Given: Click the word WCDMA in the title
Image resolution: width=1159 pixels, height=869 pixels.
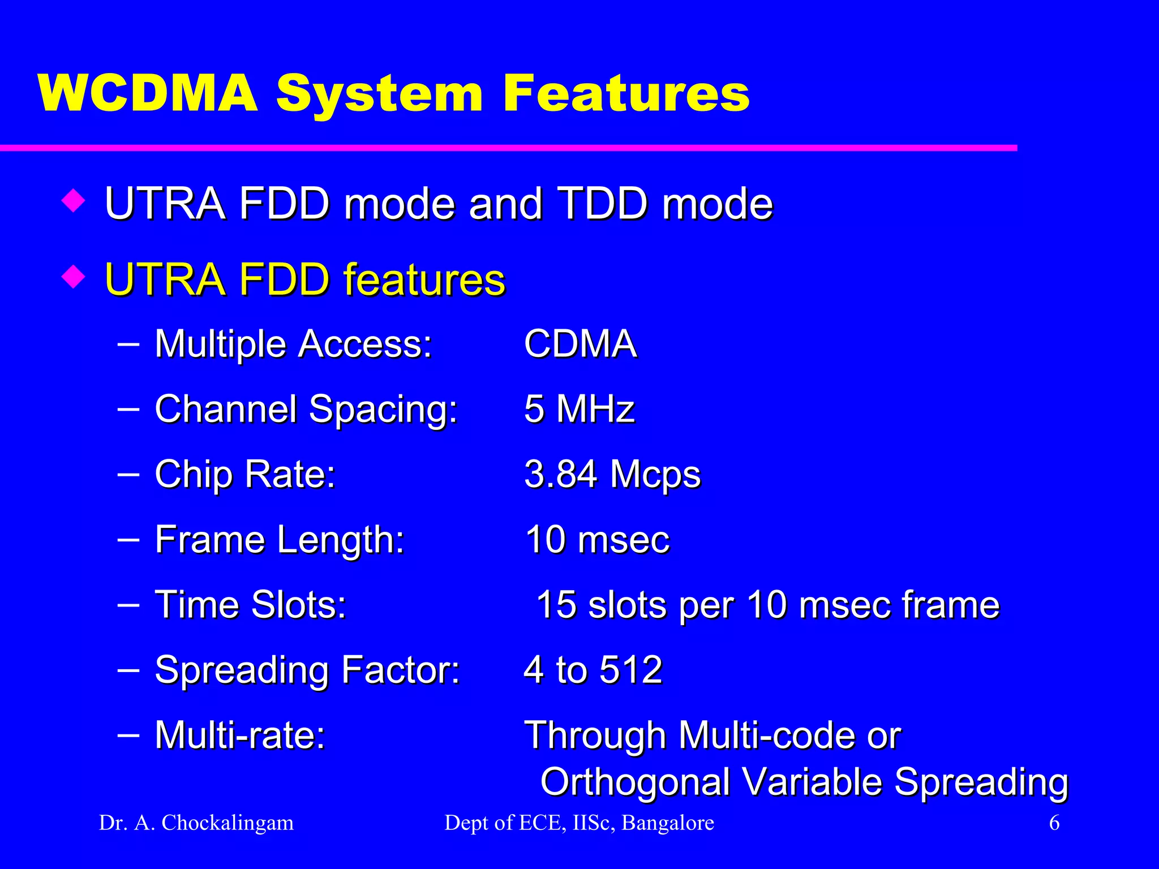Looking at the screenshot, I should [148, 93].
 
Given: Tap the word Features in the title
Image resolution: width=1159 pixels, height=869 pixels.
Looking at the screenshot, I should [625, 93].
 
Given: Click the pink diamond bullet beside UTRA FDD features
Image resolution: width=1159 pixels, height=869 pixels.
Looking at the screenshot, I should [74, 277].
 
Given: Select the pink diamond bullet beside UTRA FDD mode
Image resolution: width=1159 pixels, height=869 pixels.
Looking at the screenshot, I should [74, 201].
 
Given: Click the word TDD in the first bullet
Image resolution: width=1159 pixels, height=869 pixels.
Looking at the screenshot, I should [602, 204].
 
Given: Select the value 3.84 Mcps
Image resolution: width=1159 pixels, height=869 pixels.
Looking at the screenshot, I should [612, 474].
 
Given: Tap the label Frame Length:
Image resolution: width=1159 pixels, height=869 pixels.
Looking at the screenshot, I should [280, 539].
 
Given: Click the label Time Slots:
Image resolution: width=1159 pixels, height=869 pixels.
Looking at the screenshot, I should [250, 604].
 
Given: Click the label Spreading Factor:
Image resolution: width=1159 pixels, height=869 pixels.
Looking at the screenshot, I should [307, 670].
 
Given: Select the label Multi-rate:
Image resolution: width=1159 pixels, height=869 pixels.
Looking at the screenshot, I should [240, 735].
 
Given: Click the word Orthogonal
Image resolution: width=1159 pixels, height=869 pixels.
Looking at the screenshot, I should [634, 782].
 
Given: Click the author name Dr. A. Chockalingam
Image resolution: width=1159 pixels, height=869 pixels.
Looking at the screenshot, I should [196, 823].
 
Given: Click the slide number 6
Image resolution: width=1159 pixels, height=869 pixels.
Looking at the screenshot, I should [1054, 823].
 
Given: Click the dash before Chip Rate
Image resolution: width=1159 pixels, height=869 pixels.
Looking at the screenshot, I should [129, 473].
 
